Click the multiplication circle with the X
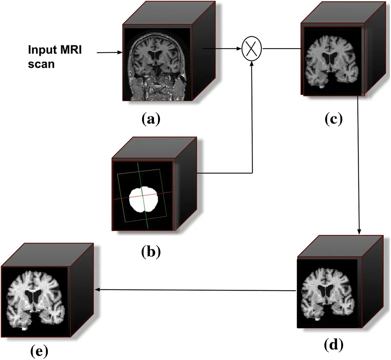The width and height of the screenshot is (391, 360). (252, 49)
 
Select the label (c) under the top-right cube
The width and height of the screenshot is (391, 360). (333, 119)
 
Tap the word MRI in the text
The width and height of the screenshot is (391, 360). (71, 51)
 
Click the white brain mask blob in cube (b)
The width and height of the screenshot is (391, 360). (144, 200)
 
